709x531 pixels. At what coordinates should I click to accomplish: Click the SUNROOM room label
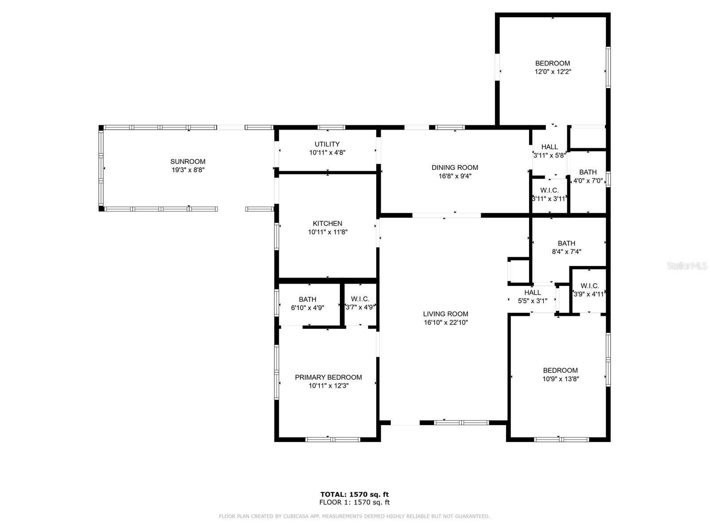pos(188,162)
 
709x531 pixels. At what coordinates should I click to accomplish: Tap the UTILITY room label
pos(327,144)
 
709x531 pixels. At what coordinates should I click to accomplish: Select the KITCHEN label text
pos(327,223)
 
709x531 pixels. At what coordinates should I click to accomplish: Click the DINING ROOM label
pos(455,167)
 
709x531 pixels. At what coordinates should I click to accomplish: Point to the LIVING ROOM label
pos(445,314)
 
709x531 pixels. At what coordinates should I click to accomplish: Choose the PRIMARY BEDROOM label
pos(328,377)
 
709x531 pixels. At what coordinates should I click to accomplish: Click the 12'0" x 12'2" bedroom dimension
pos(552,72)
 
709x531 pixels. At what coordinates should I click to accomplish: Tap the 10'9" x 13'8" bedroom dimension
pos(561,379)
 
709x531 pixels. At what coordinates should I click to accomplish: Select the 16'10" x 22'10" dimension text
pos(445,323)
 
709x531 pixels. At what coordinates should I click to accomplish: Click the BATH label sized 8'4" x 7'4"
pos(566,243)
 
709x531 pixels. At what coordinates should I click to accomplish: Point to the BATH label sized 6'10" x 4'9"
pos(308,299)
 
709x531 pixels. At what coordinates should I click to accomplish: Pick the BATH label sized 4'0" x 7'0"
pos(588,172)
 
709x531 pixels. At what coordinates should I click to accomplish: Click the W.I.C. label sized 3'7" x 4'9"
pos(360,299)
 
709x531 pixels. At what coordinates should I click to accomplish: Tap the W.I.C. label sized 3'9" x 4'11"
pos(589,286)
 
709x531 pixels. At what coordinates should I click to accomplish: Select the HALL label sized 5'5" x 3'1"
pos(532,292)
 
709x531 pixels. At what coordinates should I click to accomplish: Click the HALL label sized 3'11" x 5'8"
pos(549,147)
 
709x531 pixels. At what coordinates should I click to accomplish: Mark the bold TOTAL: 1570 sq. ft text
pos(354,494)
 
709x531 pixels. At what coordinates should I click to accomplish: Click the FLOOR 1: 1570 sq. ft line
pos(354,502)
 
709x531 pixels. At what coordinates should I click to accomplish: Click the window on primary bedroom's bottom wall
pos(332,439)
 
